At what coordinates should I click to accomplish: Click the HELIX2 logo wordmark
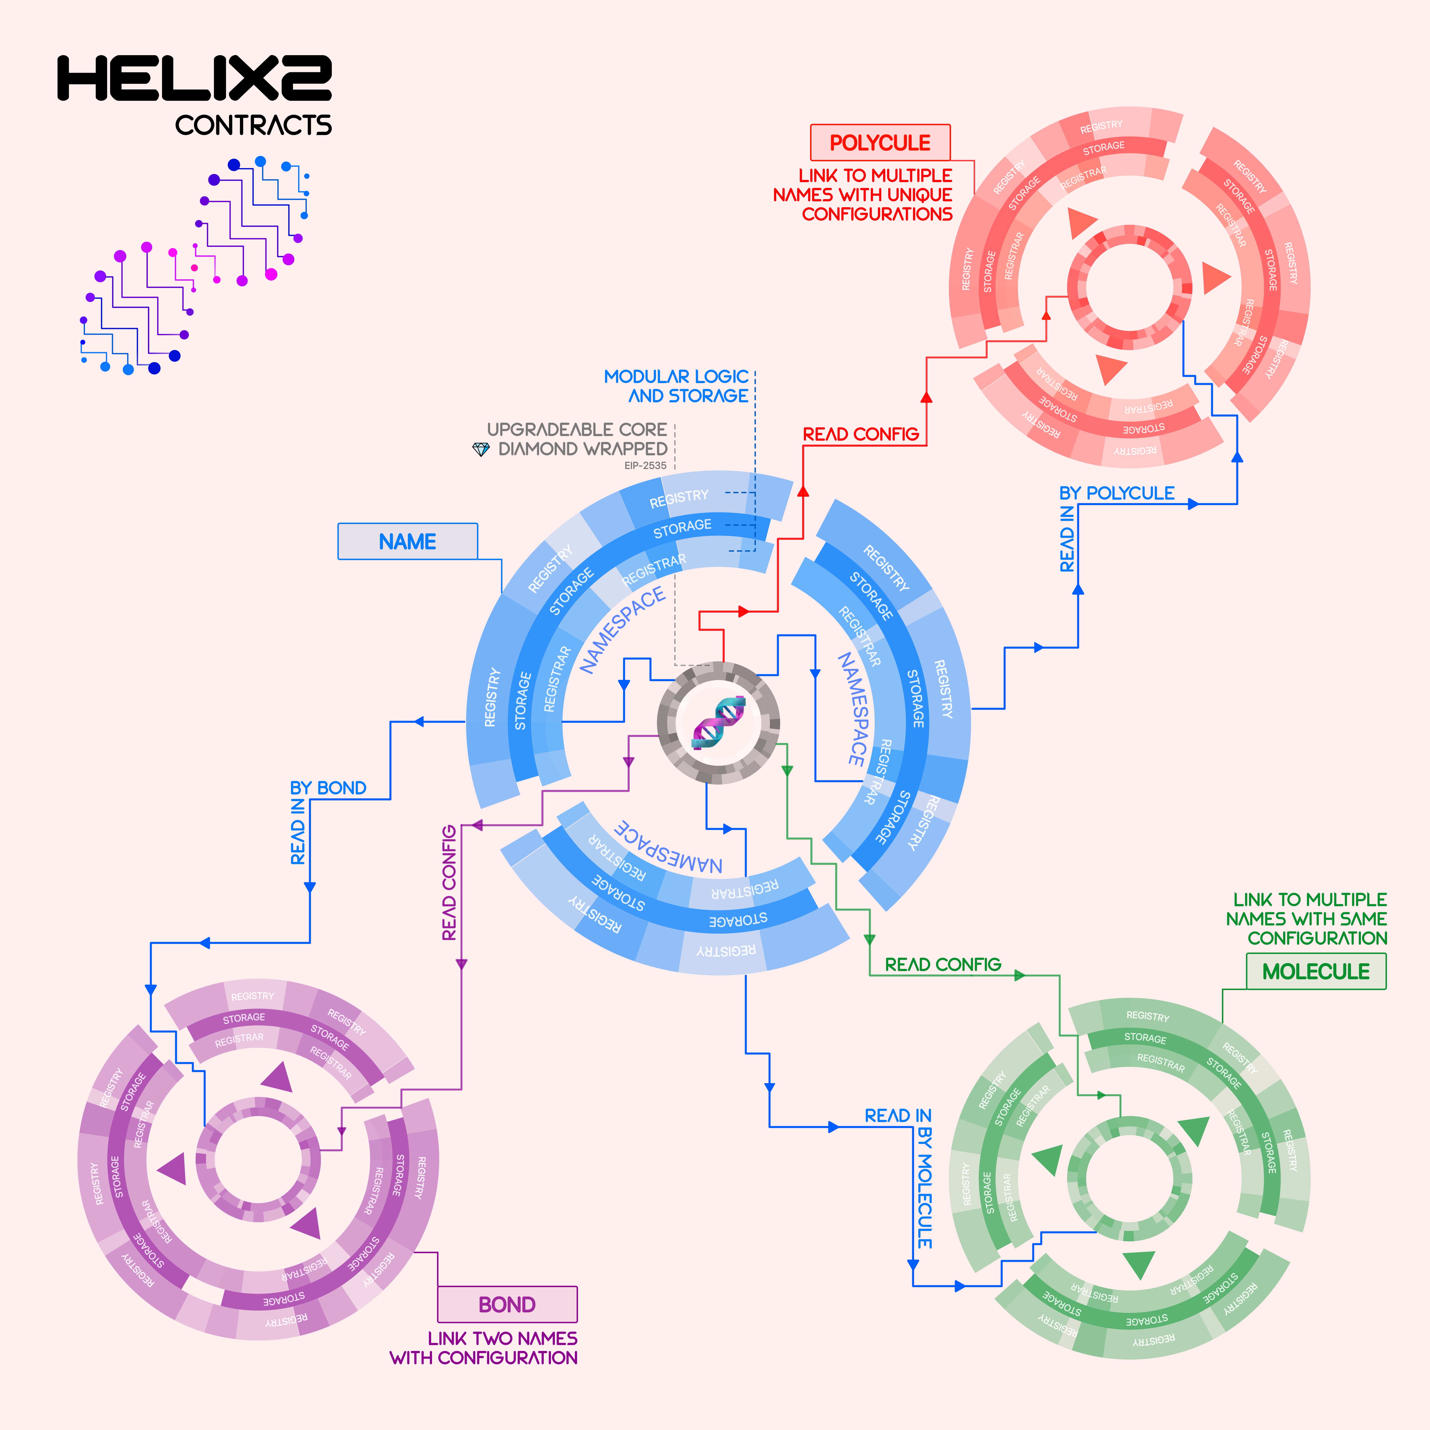[x=194, y=78]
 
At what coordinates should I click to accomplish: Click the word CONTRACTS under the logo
[x=253, y=125]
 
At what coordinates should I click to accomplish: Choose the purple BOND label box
[x=507, y=1304]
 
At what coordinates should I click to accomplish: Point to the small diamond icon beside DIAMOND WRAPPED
[x=481, y=449]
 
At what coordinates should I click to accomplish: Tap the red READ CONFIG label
[x=861, y=434]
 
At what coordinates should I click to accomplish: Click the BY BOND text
[x=328, y=787]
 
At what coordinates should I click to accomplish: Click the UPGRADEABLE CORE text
[x=577, y=429]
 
